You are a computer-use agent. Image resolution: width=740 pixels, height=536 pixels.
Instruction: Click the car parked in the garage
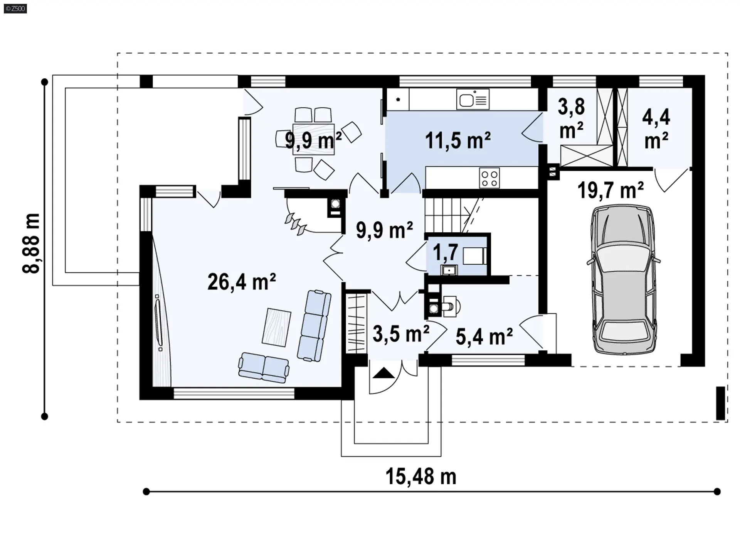coord(623,280)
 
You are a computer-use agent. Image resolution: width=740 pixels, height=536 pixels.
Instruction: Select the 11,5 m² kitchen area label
coord(458,140)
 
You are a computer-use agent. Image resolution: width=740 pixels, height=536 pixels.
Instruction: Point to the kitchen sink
coord(473,99)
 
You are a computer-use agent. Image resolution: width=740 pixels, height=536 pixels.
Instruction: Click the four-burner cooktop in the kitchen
coord(489,178)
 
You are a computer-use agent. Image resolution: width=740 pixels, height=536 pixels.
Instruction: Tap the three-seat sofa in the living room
coord(314,326)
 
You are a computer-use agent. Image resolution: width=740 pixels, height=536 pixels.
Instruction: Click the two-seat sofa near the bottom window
coord(264,367)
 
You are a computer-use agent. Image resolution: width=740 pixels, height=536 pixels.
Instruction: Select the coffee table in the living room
coord(276,328)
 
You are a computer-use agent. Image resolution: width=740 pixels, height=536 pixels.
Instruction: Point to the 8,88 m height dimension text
coord(31,243)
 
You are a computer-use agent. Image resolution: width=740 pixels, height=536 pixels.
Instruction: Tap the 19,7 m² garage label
coord(611,190)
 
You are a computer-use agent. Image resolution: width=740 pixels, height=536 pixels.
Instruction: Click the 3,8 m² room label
coord(571,118)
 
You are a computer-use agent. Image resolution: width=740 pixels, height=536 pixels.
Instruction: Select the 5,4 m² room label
coord(484,336)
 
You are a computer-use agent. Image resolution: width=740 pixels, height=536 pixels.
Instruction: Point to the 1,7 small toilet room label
coord(446,253)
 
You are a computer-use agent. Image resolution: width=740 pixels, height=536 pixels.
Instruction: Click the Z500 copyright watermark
coord(15,8)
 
